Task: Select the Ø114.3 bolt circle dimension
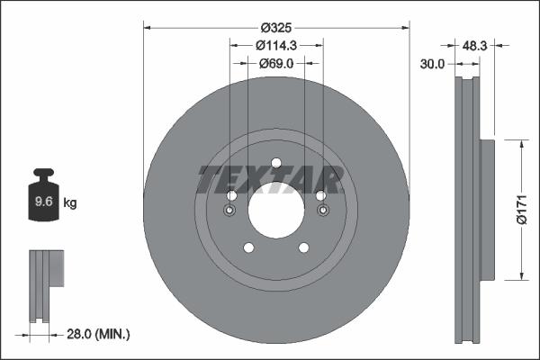[x=276, y=45]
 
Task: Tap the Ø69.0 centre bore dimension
[x=276, y=64]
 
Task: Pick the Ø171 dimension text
[x=519, y=209]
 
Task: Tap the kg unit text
[x=70, y=203]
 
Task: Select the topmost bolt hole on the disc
[x=276, y=163]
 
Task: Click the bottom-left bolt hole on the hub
[x=248, y=248]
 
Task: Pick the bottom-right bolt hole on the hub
[x=304, y=248]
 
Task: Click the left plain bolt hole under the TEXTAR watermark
[x=231, y=196]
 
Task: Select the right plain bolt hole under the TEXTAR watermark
[x=321, y=196]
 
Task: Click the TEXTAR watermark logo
[x=271, y=180]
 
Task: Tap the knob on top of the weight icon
[x=43, y=173]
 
